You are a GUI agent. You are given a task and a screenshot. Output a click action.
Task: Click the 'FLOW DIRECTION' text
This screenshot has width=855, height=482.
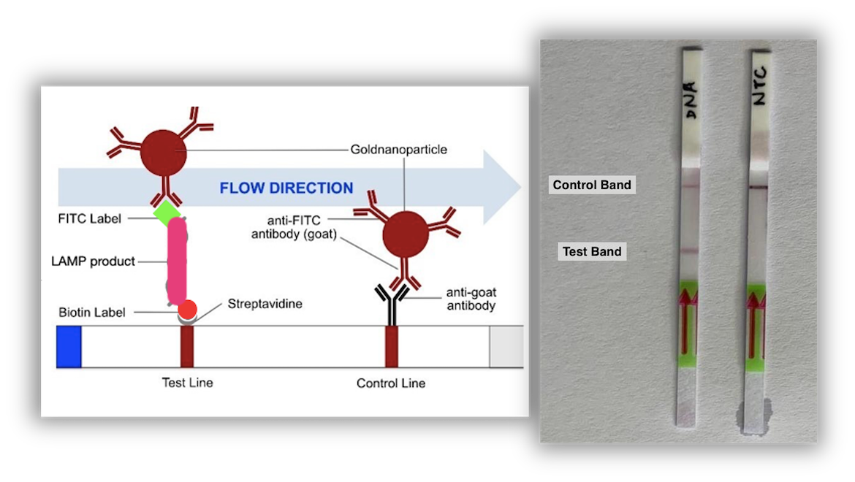(286, 188)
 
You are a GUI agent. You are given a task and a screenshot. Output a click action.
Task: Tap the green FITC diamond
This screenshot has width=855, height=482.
(167, 213)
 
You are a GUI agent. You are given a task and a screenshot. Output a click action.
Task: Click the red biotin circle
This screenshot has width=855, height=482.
(188, 310)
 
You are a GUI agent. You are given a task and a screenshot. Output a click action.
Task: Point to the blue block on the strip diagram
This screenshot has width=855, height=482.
(69, 347)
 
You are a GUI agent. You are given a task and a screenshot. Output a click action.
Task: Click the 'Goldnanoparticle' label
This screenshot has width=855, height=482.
(398, 150)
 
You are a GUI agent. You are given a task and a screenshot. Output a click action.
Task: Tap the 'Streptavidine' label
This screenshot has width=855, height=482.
(265, 303)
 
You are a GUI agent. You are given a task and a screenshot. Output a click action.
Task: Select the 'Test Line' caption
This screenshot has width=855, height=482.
(188, 383)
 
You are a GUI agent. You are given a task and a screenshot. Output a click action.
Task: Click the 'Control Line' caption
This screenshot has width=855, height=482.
(390, 383)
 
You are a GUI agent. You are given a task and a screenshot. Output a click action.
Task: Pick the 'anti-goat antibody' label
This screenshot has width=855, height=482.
(471, 299)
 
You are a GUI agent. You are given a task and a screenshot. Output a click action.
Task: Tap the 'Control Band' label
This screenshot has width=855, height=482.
(592, 185)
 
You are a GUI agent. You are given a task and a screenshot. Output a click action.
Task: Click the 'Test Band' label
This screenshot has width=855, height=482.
(592, 252)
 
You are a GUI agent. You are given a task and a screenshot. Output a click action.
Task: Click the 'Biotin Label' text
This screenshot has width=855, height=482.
(92, 313)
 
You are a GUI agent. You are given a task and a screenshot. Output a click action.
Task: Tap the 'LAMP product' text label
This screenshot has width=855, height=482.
(94, 261)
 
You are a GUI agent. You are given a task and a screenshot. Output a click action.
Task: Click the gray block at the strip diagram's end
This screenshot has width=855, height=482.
(506, 347)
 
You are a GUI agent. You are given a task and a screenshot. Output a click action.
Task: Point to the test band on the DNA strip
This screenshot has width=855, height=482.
(689, 250)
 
